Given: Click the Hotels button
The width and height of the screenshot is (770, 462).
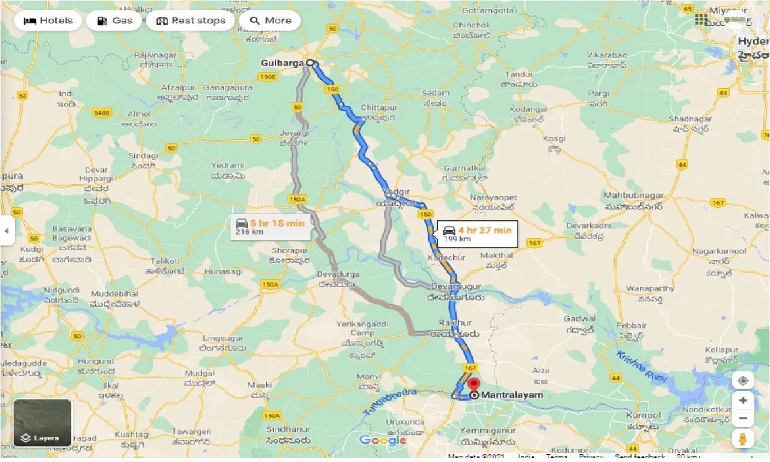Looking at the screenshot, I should coord(48,20).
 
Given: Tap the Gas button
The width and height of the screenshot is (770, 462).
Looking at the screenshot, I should coord(114,20).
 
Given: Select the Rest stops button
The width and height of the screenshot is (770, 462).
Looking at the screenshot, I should coord(191,20).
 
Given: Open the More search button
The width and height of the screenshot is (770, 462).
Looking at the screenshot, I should coord(270,20).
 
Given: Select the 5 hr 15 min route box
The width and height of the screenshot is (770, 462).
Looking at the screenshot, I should coord(271,227).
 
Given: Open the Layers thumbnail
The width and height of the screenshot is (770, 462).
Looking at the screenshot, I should coord(43,423).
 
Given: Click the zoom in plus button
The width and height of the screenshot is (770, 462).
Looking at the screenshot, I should coord(743,401).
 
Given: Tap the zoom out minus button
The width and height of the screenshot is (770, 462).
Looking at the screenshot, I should coord(743,418).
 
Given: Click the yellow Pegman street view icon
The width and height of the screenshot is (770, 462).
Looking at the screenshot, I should coord(743,440).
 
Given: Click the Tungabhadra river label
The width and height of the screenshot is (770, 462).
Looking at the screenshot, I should coord(389,402).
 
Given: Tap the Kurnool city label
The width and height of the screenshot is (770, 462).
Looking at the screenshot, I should coord(642,415).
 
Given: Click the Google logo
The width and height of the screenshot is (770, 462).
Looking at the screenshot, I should coord(383,440).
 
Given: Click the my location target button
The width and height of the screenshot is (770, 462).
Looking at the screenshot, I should coord(743,381).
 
